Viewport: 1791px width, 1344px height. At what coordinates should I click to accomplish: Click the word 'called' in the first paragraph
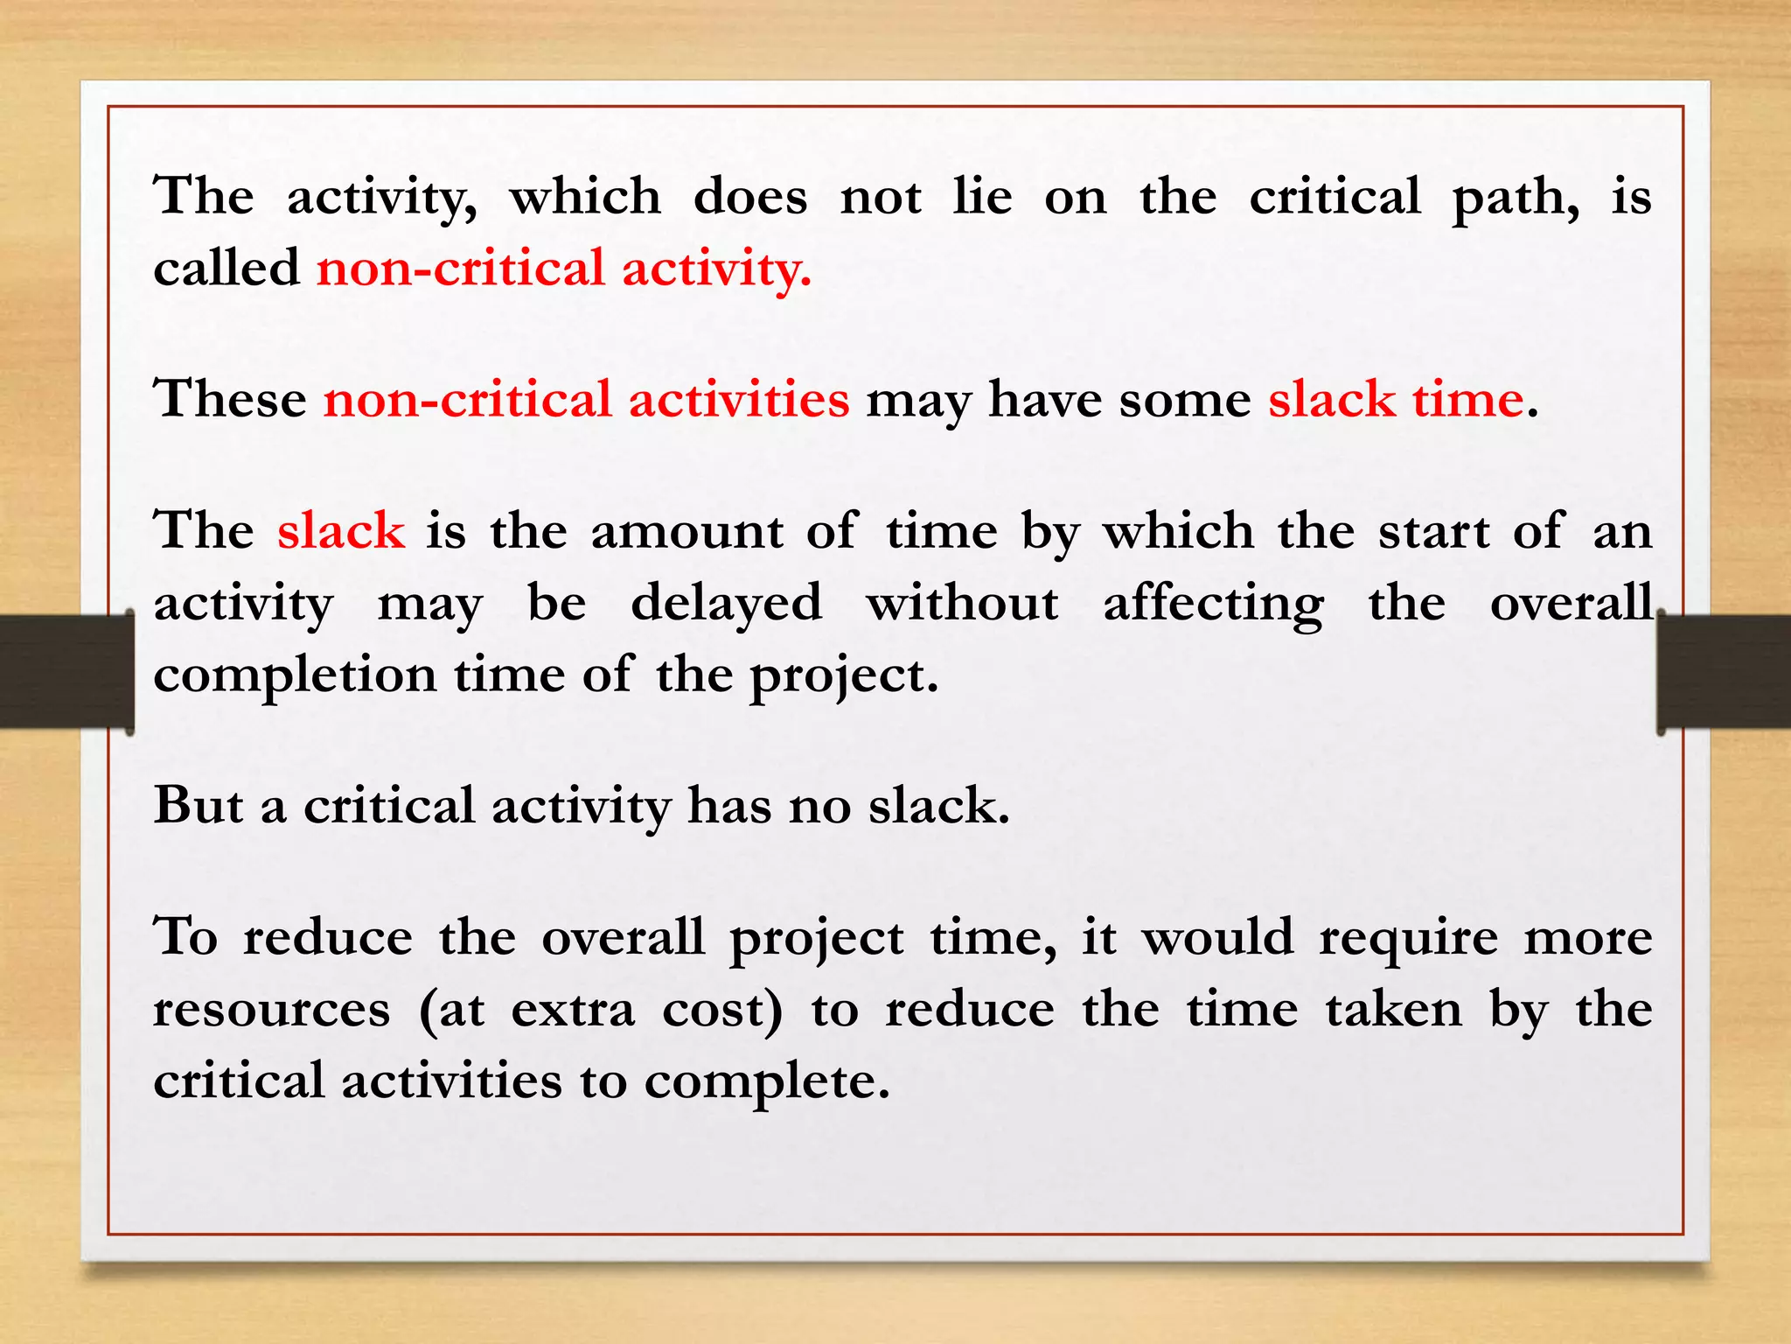click(226, 268)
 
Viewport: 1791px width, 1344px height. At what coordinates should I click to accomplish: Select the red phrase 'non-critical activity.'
click(564, 268)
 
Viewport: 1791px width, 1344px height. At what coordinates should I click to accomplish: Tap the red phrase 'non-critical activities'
click(586, 399)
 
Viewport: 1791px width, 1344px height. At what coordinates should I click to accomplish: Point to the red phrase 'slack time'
click(1397, 399)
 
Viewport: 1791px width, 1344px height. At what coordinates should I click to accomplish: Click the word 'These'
click(230, 399)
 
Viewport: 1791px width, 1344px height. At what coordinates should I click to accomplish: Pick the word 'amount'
click(686, 532)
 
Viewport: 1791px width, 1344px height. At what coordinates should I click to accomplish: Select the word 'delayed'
click(726, 604)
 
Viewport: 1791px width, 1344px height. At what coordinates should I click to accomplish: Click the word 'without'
click(962, 604)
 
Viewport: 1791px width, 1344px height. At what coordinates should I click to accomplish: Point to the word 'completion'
click(295, 676)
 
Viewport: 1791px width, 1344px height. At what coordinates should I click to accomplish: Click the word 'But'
click(199, 805)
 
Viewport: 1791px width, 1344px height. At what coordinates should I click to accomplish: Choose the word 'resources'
click(271, 1009)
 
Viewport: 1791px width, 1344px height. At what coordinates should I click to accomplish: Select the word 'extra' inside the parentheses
click(573, 1009)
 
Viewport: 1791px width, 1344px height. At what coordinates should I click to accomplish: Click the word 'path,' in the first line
click(1516, 198)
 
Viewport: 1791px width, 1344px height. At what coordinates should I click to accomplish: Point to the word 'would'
click(1218, 937)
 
